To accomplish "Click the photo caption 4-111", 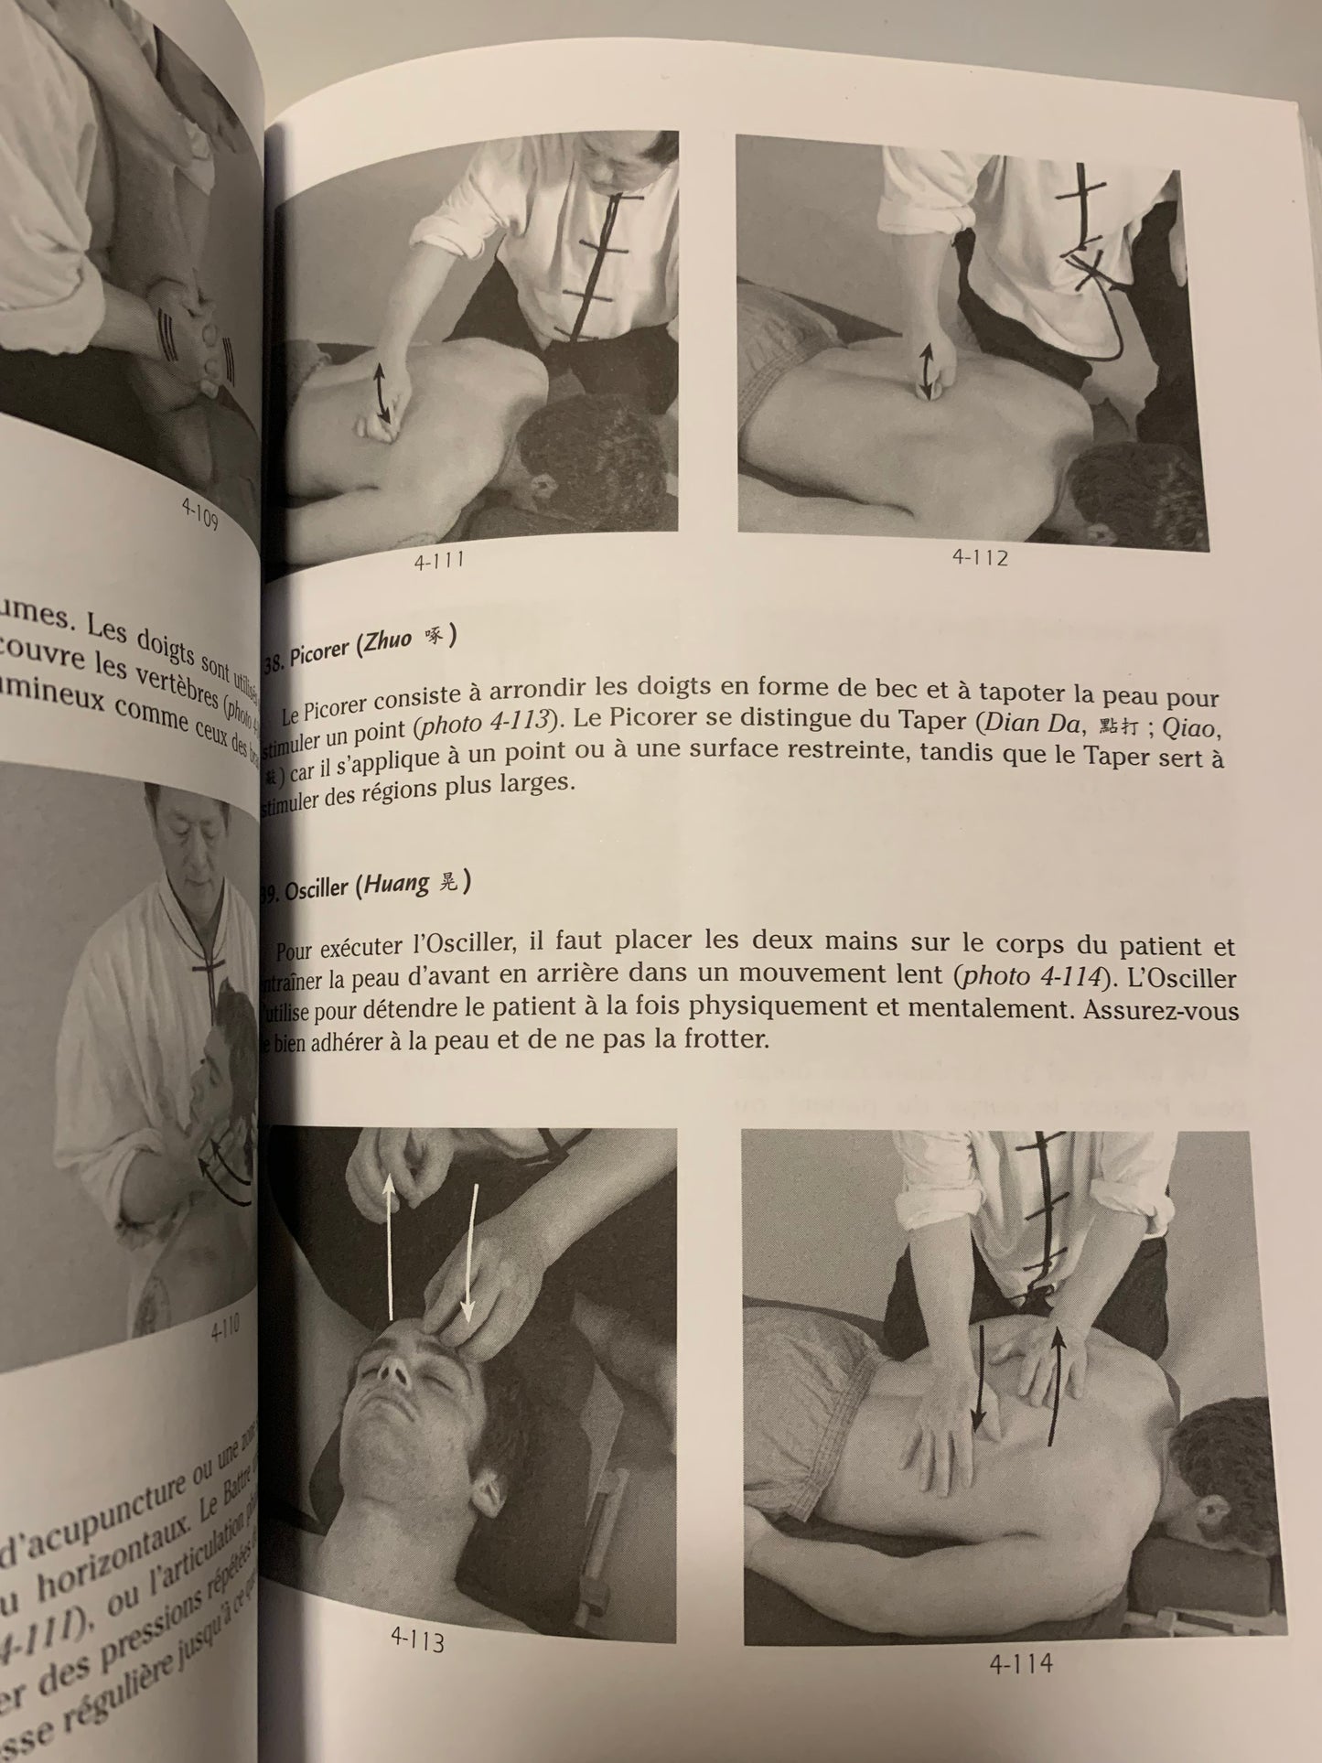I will [438, 560].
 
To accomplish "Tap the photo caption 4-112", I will [979, 557].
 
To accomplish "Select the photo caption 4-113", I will [417, 1641].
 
